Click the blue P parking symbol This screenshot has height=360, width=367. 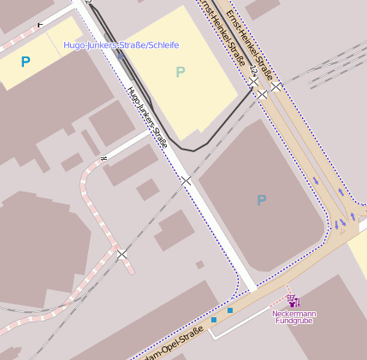click(26, 62)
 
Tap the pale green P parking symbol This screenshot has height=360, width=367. click(180, 72)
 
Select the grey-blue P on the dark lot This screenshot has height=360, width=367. click(262, 200)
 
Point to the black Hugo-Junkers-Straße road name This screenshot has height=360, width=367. click(146, 116)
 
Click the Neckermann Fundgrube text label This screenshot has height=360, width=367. click(293, 316)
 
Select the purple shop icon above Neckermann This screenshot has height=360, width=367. click(293, 301)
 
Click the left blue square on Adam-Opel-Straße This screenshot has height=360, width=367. click(214, 320)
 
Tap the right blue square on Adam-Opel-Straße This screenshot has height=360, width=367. click(230, 310)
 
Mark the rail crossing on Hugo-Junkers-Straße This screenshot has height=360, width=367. click(186, 180)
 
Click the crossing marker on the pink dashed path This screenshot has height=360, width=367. click(121, 254)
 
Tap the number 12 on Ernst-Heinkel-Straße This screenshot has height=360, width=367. click(253, 78)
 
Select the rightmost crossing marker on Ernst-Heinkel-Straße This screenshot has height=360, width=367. click(275, 86)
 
